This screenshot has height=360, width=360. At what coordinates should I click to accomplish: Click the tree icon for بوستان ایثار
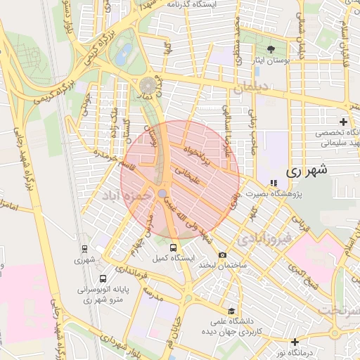coord(271,49)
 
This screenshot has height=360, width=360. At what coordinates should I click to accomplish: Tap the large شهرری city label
coord(308,171)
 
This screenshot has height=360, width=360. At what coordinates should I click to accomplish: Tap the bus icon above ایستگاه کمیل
coord(174,247)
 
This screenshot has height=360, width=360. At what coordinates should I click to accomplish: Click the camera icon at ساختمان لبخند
coord(222,255)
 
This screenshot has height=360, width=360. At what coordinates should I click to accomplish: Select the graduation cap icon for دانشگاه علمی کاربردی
coord(231,311)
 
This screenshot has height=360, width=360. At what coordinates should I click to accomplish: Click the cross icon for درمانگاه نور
coord(295,342)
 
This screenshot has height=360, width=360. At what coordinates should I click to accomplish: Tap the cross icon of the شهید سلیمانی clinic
coord(343,122)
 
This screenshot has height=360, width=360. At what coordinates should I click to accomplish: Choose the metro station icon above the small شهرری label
coord(84,248)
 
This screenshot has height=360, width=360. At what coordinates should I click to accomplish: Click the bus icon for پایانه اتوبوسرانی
coord(103,278)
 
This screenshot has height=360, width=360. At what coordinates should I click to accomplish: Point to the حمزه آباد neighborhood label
coord(126,193)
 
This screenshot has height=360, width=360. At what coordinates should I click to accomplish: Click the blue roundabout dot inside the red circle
coord(162,193)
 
